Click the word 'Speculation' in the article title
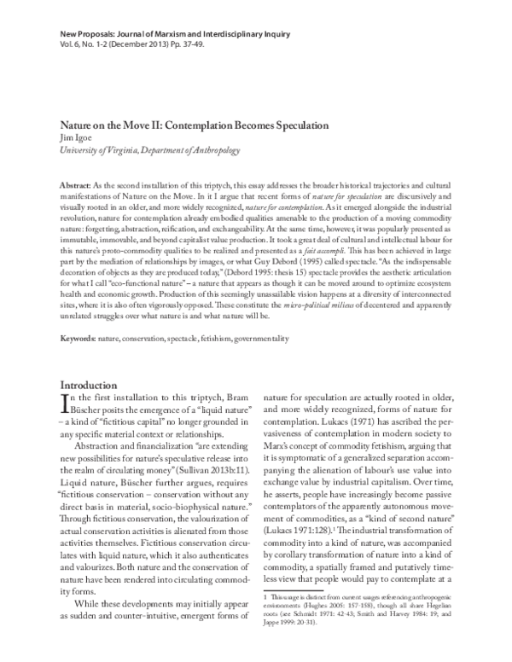tap(295, 125)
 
